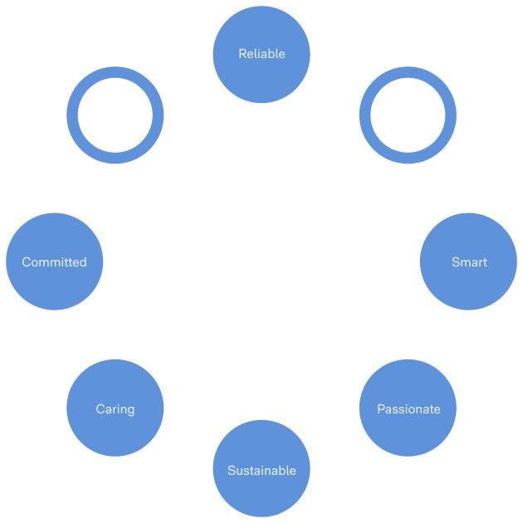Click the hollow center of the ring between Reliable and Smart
point(408,115)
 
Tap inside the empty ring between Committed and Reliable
point(115,115)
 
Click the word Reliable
point(261,54)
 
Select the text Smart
point(469,262)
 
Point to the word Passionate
point(408,409)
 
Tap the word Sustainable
point(261,471)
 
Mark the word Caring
point(115,409)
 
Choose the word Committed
point(54,262)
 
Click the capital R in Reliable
point(242,54)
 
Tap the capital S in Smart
point(456,262)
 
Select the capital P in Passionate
point(381,409)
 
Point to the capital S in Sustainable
point(232,471)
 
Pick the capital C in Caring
point(100,409)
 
